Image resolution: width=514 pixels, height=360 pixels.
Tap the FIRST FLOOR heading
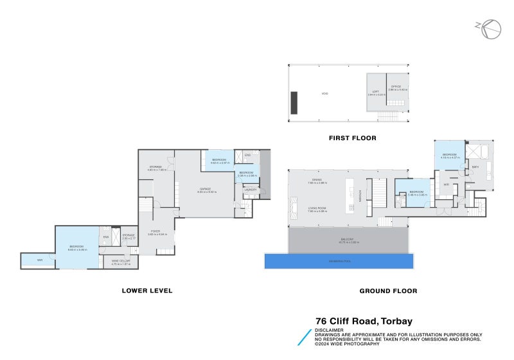pos(352,138)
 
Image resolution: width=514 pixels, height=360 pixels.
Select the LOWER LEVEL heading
pos(147,291)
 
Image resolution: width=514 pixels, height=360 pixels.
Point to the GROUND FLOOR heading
pos(388,291)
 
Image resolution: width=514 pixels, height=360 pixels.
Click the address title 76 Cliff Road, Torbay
pos(364,321)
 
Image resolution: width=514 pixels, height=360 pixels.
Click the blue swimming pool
pos(339,260)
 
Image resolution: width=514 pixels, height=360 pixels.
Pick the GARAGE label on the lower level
pos(205,188)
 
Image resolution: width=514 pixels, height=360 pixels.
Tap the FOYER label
pos(155,231)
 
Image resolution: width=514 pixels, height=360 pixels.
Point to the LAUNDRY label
pos(250,190)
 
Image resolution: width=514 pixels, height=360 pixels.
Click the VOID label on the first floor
pos(325,94)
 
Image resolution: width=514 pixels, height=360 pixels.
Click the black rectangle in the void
pos(294,102)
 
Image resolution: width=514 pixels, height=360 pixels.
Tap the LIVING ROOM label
pos(317,208)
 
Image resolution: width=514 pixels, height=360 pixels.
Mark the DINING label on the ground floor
pos(317,181)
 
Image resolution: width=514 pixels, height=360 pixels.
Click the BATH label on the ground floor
pos(475,167)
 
